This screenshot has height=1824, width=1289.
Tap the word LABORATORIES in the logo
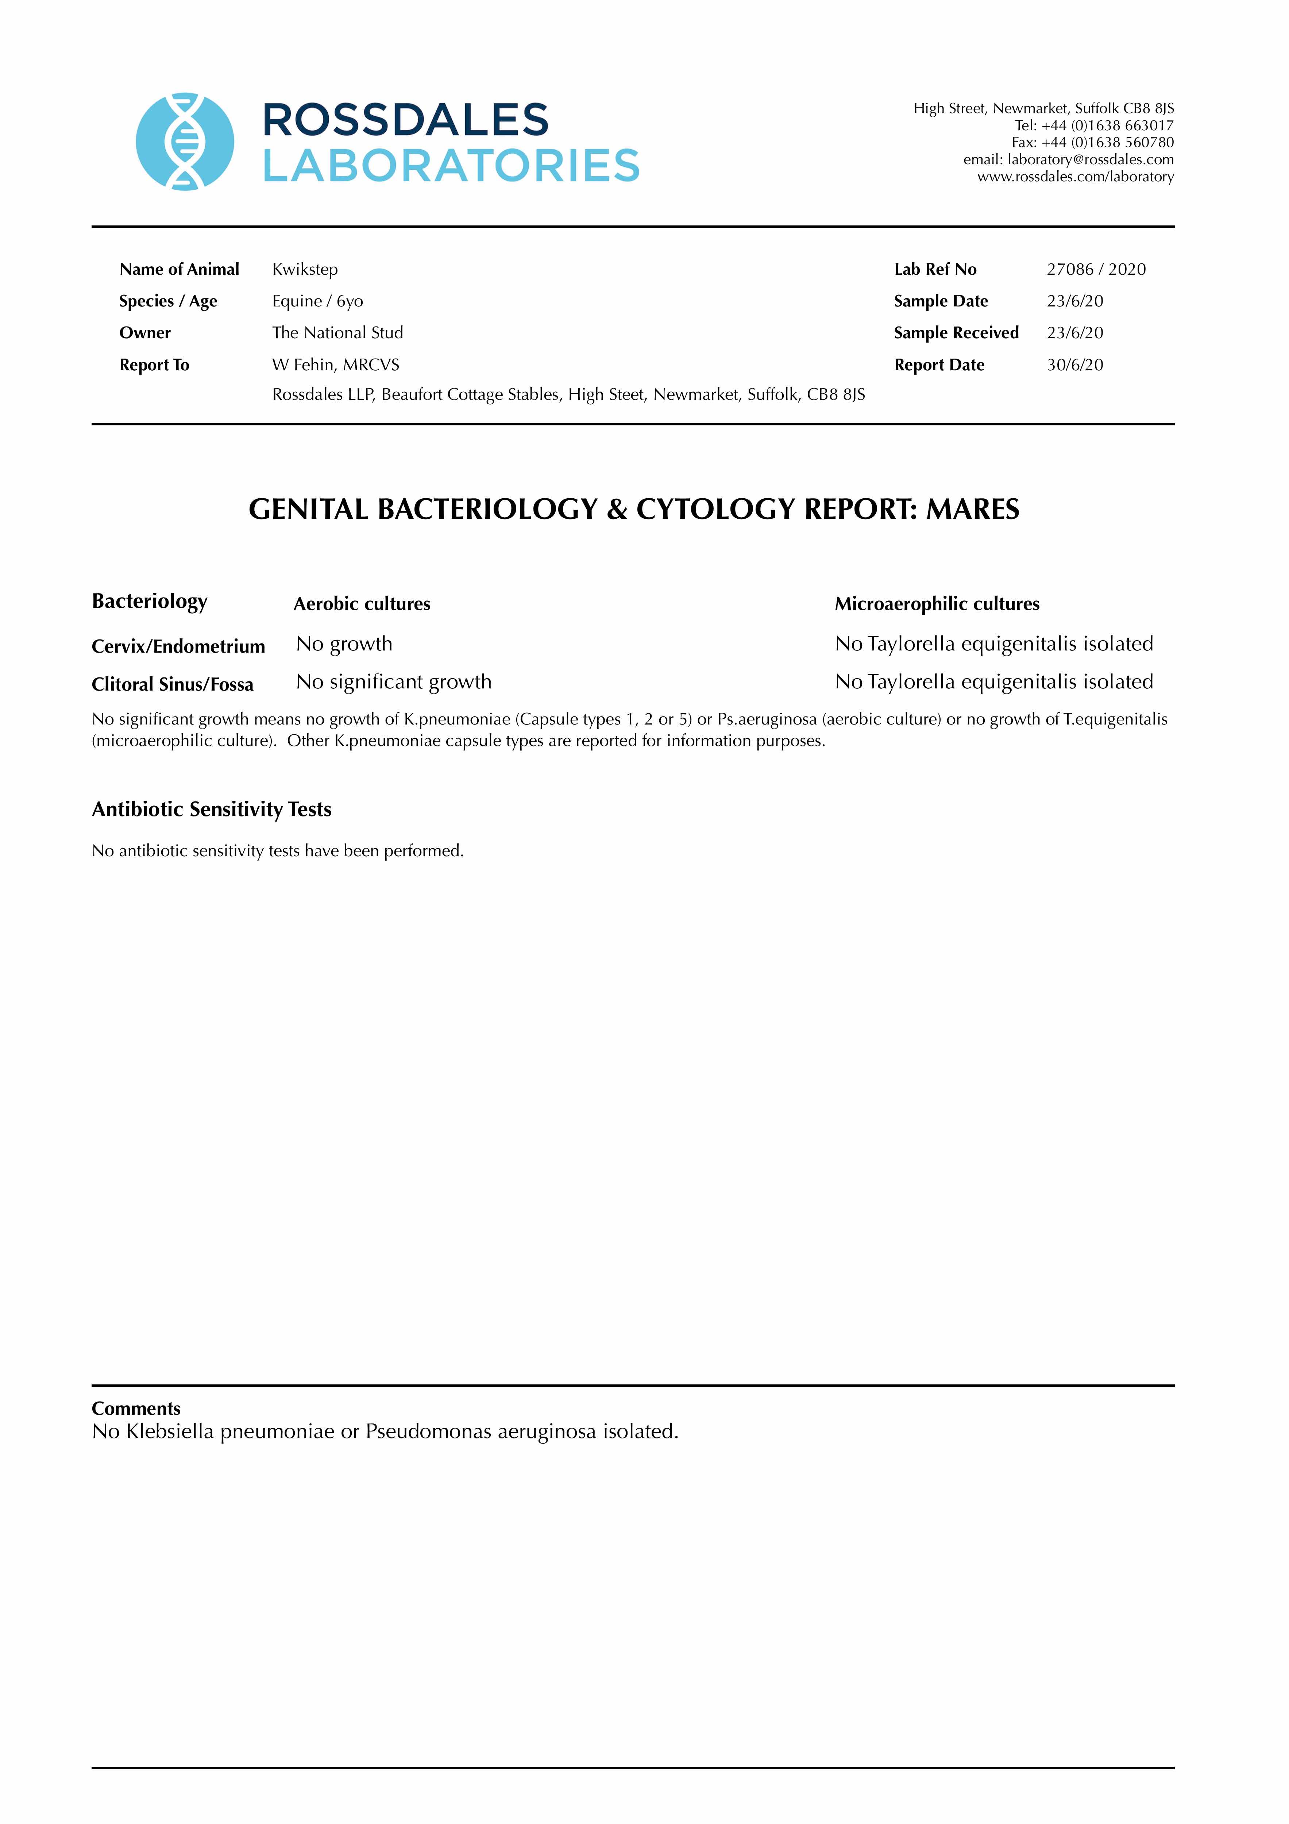click(451, 166)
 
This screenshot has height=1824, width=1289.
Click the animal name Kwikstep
click(305, 269)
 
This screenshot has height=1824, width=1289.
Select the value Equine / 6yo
click(318, 301)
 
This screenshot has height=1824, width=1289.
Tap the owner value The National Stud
click(338, 333)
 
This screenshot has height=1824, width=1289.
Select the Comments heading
click(136, 1408)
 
